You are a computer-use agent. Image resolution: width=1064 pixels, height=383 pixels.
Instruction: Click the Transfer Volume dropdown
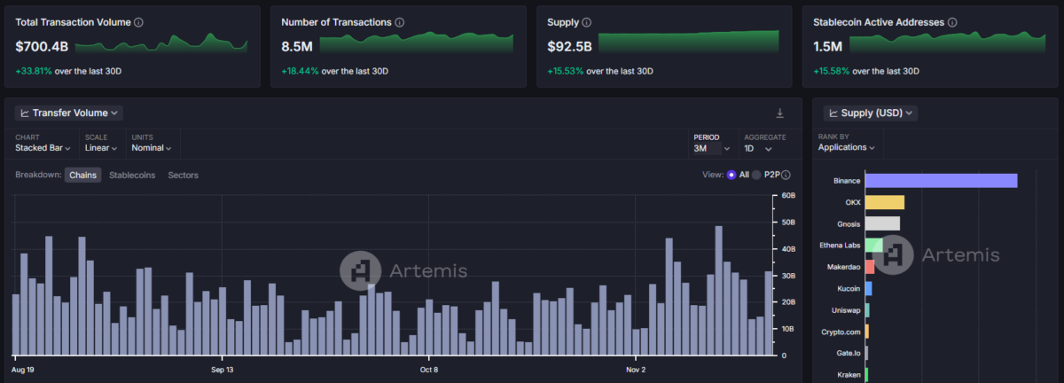(69, 113)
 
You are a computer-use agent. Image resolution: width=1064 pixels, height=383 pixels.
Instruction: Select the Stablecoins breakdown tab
(132, 175)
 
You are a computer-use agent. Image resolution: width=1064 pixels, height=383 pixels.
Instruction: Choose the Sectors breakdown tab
(183, 175)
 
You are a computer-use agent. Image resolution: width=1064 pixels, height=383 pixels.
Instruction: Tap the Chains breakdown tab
(82, 175)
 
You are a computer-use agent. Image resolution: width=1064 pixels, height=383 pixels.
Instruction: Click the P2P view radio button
(756, 175)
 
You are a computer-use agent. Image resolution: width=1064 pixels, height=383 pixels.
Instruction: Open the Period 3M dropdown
(711, 148)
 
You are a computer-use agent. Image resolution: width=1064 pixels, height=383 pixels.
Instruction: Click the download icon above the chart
(779, 113)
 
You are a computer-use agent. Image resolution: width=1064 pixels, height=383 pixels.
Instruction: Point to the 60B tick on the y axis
(788, 195)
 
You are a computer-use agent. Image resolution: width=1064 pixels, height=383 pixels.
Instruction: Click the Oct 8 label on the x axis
(429, 370)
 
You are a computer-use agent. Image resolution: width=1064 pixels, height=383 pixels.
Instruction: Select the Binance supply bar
(941, 181)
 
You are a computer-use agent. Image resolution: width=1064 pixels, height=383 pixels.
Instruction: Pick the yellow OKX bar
(885, 202)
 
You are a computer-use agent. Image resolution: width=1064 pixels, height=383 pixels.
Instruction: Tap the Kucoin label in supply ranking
(849, 288)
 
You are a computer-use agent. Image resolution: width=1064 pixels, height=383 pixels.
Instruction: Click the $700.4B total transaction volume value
(42, 47)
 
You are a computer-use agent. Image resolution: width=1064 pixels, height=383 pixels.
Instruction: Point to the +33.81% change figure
(34, 71)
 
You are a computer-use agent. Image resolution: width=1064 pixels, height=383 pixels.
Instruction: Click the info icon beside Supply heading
(587, 22)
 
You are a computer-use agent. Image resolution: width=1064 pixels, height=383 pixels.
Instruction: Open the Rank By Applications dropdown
(846, 147)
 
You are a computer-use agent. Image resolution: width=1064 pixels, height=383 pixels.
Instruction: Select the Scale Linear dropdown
(101, 148)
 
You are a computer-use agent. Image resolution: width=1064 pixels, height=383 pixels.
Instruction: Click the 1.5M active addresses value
(827, 47)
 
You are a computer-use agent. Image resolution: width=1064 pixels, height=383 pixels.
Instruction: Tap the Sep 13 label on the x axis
(223, 370)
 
